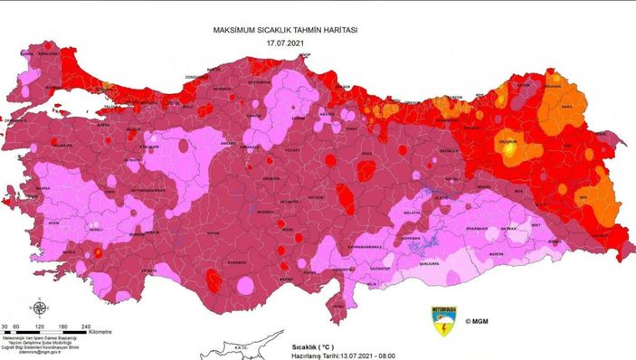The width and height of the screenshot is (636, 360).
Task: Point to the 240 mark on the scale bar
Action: click(x=86, y=325)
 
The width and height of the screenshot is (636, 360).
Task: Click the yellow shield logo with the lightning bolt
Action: click(x=442, y=318)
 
